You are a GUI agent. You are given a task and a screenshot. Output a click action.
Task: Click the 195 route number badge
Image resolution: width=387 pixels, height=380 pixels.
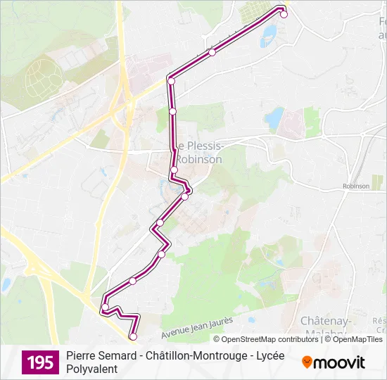click(41, 362)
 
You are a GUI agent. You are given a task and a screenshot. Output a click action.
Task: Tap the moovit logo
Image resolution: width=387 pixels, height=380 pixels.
click(334, 362)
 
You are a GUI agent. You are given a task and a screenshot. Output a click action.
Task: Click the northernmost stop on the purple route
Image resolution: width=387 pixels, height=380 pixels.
click(284, 14)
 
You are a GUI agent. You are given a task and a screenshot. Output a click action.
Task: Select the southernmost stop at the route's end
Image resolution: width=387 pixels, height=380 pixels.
click(133, 336)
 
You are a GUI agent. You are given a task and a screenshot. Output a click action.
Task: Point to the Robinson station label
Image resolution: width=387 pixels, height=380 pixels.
click(356, 186)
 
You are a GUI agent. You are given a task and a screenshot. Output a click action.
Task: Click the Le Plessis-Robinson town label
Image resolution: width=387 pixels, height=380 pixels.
click(199, 153)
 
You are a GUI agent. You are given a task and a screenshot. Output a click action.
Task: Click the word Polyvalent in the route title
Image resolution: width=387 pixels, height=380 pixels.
click(91, 369)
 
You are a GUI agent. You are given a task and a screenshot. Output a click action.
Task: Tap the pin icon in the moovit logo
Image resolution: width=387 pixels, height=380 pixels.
click(307, 362)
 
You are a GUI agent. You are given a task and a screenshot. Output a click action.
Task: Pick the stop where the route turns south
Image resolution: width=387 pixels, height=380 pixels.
click(170, 81)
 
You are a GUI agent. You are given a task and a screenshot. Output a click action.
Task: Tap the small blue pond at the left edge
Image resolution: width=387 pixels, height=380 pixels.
click(6, 285)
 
